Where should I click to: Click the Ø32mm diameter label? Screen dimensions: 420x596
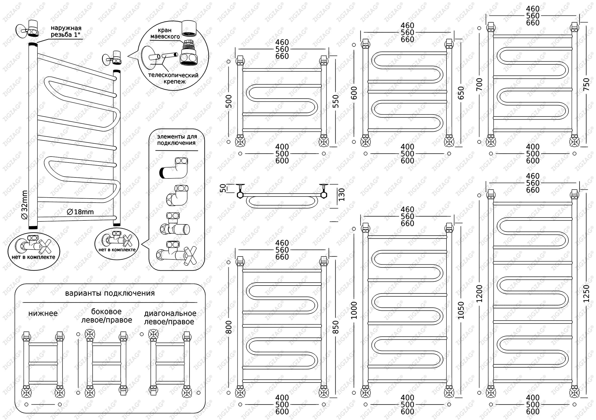tap(25, 205)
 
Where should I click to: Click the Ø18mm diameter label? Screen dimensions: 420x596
tap(80, 212)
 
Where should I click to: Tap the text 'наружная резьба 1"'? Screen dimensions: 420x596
tap(66, 31)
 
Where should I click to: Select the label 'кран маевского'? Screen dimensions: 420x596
tap(165, 33)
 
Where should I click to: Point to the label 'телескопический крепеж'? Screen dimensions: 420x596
tap(173, 78)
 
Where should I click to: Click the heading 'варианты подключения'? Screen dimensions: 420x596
tap(110, 293)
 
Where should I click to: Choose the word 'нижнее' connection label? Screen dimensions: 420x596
tap(43, 313)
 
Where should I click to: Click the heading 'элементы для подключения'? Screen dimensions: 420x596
tap(177, 140)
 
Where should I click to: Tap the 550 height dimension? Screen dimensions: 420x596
tap(336, 101)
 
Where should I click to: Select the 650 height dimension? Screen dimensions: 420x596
tap(461, 93)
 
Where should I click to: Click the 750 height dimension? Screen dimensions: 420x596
tap(586, 85)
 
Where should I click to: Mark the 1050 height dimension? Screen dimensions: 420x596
tap(461, 310)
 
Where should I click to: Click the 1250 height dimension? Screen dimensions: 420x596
tap(586, 294)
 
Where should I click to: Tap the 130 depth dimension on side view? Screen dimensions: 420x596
tap(342, 195)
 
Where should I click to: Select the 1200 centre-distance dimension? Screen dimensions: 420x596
tap(480, 294)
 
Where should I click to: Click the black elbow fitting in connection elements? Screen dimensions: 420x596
tap(174, 168)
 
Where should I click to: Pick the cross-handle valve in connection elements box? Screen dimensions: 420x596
tap(177, 254)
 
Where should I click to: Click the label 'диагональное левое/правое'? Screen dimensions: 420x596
tap(170, 318)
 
